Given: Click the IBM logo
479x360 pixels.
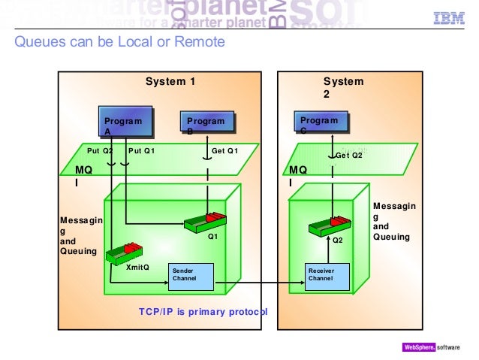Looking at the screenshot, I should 448,19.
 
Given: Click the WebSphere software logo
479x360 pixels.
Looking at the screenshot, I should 434,348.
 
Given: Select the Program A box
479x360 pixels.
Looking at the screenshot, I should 123,124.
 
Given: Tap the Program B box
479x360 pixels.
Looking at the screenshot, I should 206,124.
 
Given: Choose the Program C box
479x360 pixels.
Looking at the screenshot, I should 319,123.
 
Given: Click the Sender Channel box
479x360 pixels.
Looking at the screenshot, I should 191,275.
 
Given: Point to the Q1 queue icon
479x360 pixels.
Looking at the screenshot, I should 205,220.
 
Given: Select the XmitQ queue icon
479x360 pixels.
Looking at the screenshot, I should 124,252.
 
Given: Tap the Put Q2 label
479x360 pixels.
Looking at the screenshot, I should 100,150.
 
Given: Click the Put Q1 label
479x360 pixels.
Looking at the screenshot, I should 141,150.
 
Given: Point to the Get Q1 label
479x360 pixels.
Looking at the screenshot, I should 224,150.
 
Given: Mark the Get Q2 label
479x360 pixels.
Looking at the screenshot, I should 348,156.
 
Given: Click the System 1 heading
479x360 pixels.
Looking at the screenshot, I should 170,81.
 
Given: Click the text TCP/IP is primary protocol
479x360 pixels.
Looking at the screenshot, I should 203,311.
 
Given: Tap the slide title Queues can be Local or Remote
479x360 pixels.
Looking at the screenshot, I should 119,42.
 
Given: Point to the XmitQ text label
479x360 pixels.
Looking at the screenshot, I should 137,267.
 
